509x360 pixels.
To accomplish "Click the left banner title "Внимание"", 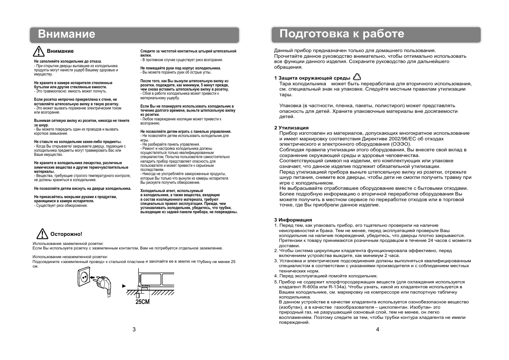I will coord(67,34).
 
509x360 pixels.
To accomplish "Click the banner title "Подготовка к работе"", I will coord(342,34).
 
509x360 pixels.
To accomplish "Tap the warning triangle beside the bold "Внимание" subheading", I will coord(38,52).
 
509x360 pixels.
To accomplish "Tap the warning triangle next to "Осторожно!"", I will coord(42,234).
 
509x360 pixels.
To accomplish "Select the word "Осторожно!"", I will coord(66,234).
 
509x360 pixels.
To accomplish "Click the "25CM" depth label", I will coord(143,302).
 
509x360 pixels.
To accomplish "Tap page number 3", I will coord(134,329).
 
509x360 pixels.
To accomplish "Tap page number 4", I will coord(377,329).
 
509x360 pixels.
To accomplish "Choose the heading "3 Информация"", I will coord(293,220).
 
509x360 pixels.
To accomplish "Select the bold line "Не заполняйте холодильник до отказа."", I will coord(68,61).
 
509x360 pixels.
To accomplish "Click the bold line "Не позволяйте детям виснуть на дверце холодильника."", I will coord(83,188).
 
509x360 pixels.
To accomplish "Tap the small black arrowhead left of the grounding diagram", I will coord(124,286).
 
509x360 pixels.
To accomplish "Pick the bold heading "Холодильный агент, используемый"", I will coord(172,191).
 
